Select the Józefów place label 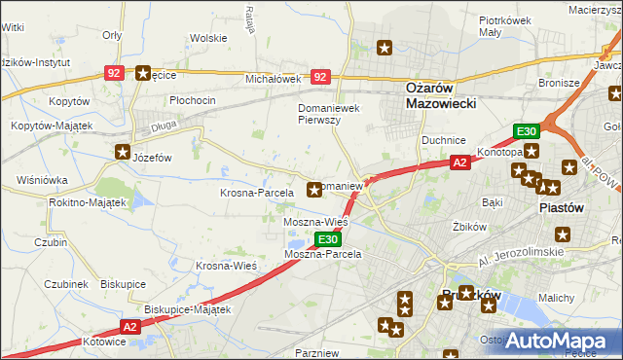tap(152, 157)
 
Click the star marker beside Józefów tap(124, 151)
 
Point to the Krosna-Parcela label tap(257, 193)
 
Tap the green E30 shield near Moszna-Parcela tap(328, 239)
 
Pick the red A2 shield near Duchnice tap(460, 163)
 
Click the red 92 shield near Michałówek tap(320, 75)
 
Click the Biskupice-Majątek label tap(187, 309)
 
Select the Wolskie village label tap(208, 39)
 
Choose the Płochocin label tap(193, 100)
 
